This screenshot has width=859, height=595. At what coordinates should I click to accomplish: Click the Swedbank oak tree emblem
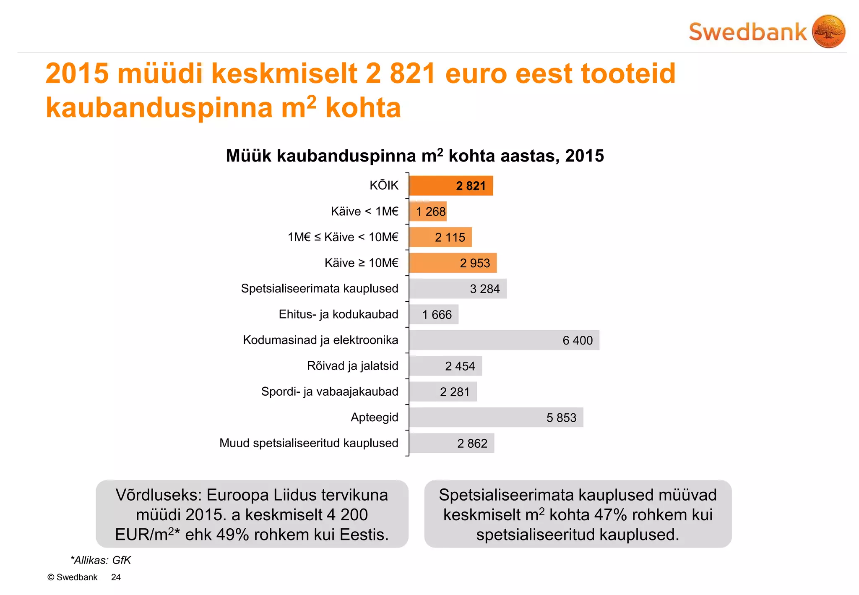[828, 31]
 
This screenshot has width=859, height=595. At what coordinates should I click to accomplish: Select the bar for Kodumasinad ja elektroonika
[503, 340]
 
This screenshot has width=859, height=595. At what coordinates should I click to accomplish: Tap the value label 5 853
[561, 418]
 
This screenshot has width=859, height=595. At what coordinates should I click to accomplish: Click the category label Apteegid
[374, 418]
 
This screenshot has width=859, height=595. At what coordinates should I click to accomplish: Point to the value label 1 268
[431, 211]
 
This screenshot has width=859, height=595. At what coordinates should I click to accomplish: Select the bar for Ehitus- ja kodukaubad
[434, 315]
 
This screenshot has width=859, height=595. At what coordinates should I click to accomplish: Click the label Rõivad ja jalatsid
[352, 366]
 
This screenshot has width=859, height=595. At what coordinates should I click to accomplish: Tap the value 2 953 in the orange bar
[475, 263]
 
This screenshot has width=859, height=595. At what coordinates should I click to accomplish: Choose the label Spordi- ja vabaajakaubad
[330, 391]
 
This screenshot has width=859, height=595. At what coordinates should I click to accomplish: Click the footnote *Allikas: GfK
[101, 560]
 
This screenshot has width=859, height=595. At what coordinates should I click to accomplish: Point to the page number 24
[116, 577]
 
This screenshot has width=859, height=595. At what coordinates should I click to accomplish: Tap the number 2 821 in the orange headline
[401, 73]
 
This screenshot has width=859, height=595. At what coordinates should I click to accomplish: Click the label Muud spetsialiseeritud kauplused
[309, 443]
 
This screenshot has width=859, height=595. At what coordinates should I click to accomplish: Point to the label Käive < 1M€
[364, 211]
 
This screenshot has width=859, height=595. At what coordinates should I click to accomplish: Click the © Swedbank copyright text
[73, 577]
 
